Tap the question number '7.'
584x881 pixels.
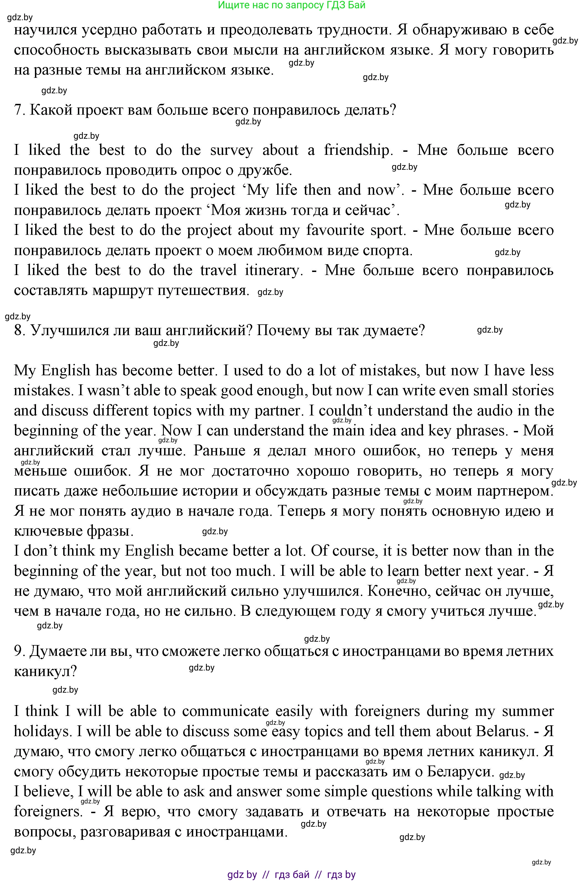coord(19,110)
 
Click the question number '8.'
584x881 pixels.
coord(19,330)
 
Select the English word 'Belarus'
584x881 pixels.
coord(507,731)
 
